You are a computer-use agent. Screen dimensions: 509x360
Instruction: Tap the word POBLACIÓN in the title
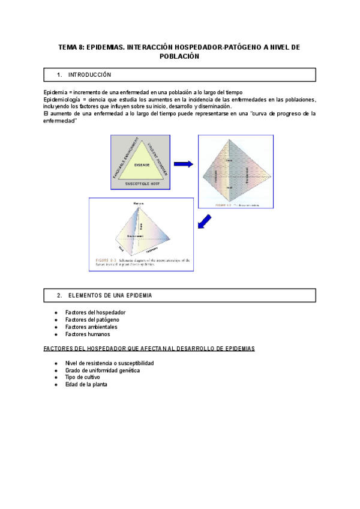(x=179, y=56)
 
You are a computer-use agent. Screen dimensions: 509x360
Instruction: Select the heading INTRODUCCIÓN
(x=89, y=75)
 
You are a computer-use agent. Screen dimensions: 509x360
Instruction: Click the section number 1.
(x=59, y=75)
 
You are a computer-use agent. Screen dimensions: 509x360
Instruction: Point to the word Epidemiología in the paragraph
(x=63, y=99)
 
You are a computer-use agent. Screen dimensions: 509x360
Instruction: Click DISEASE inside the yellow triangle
(x=142, y=164)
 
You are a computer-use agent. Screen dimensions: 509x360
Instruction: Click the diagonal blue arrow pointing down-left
(x=205, y=222)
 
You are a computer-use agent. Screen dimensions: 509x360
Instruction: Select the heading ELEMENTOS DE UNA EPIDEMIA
(x=110, y=296)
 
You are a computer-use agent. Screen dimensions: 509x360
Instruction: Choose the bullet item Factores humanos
(x=88, y=334)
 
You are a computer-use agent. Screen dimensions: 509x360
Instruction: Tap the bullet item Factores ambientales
(x=91, y=327)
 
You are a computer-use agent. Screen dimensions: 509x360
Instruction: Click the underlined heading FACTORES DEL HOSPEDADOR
(x=149, y=348)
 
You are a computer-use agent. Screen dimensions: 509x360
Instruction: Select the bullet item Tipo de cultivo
(x=82, y=378)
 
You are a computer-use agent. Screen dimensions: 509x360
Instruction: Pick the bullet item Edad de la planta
(x=86, y=385)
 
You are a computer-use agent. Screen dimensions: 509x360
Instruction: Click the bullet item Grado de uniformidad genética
(x=103, y=370)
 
